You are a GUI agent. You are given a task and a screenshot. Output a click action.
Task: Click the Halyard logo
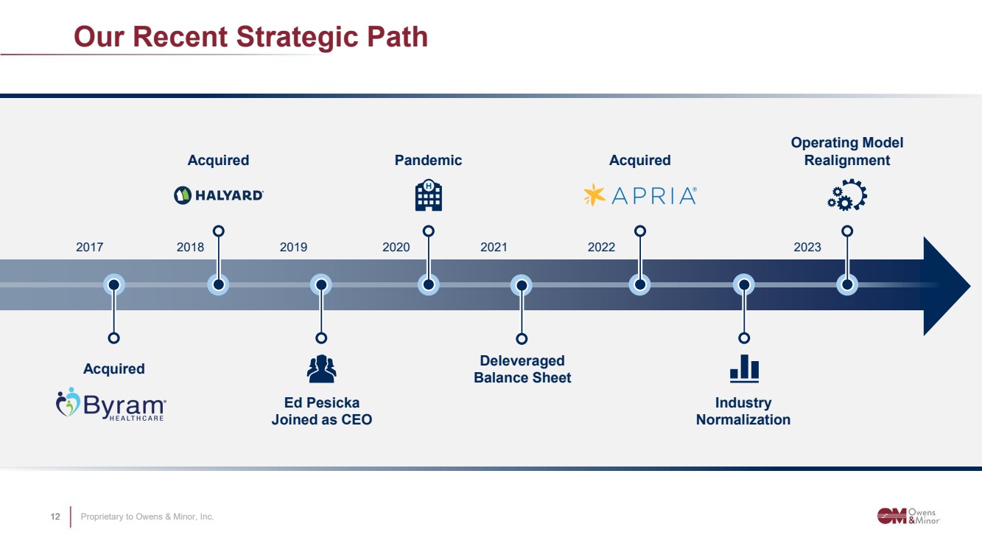(218, 195)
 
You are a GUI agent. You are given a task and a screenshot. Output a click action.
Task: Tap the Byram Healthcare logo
(111, 405)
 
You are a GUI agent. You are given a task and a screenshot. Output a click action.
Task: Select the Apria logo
(640, 195)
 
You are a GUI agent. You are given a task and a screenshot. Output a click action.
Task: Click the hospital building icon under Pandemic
(428, 195)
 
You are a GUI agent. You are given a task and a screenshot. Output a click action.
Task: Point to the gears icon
(847, 195)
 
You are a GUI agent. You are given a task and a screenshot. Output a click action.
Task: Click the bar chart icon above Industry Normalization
(744, 368)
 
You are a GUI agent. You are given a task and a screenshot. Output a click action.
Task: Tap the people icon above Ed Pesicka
(321, 368)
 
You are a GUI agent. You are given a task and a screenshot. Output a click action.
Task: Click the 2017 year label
(89, 248)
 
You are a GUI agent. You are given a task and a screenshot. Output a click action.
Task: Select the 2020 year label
(396, 248)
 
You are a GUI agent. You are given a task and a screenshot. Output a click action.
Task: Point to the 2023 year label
(807, 248)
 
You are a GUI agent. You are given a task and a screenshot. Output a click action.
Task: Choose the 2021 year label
(494, 248)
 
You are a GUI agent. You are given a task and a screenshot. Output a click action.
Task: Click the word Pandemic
(428, 160)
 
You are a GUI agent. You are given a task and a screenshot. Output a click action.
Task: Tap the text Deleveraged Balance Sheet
(522, 369)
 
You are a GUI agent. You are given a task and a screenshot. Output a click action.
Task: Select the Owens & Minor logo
(908, 516)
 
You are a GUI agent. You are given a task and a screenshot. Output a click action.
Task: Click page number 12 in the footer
(55, 517)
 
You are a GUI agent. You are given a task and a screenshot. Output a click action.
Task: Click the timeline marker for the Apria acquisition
(639, 285)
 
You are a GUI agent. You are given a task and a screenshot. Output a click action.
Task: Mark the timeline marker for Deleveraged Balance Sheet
(522, 285)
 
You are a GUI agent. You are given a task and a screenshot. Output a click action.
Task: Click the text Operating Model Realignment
(847, 151)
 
